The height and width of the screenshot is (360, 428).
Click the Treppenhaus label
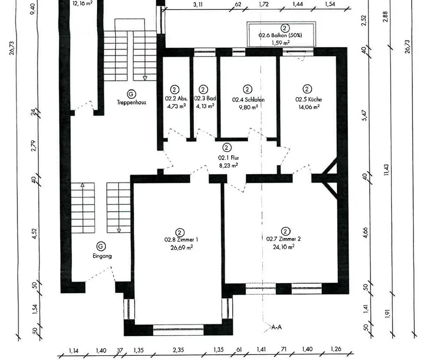(131, 102)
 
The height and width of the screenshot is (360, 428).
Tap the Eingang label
(102, 256)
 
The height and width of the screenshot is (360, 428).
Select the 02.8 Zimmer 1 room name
(181, 240)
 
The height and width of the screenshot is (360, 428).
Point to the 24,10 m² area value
(284, 247)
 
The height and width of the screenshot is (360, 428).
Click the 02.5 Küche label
(309, 99)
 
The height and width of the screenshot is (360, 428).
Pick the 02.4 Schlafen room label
(248, 100)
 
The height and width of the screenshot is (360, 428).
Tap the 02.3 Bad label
(205, 98)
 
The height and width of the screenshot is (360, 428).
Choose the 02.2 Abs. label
(176, 98)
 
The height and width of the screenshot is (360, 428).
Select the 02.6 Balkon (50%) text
(280, 35)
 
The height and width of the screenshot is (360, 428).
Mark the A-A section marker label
(276, 327)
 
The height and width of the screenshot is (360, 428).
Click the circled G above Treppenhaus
(131, 94)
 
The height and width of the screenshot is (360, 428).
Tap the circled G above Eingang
(101, 247)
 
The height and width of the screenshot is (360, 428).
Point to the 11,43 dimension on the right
(386, 170)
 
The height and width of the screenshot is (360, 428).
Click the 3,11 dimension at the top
(198, 5)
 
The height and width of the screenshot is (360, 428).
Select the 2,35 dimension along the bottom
(178, 350)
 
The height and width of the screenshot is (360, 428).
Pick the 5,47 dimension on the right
(365, 116)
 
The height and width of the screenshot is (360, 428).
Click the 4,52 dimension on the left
(34, 234)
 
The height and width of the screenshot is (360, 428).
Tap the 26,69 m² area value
(181, 248)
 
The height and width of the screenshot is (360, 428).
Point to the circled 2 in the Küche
(307, 89)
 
